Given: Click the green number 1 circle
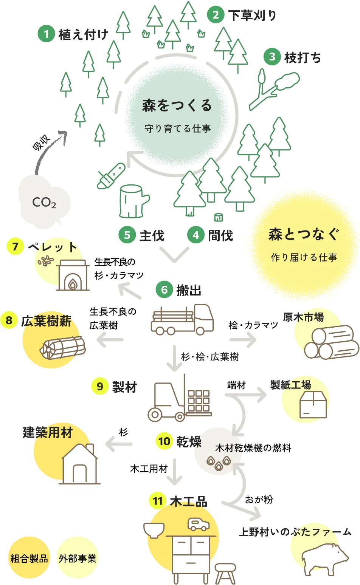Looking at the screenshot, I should coord(46,34).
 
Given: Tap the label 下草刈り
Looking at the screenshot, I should coord(252,15).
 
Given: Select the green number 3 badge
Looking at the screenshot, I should coord(272,57).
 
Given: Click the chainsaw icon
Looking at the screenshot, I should coord(111,175).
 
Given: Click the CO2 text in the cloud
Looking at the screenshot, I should coord(44,203).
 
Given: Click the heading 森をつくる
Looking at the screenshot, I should coord(177,105).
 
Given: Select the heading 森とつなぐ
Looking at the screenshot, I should coord(304,234).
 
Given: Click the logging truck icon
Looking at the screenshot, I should coord(182,320).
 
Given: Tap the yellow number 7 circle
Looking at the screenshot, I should coord(15,247).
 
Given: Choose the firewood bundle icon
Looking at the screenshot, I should coord(63,348).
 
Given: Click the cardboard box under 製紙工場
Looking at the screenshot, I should coord(313,404).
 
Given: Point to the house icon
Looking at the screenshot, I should coord(80,464).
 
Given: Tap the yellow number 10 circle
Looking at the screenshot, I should coord(164,441).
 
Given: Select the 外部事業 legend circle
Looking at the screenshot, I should coord(78,558).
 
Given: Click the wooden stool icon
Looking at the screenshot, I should coord(225,573).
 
